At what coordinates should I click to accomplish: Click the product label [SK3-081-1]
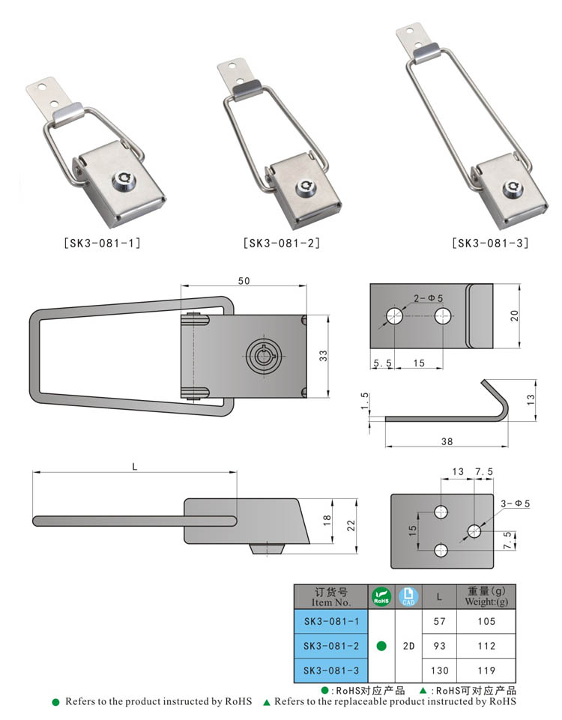[102, 243]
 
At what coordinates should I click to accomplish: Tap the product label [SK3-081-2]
[282, 243]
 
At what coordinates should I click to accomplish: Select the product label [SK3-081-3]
[490, 243]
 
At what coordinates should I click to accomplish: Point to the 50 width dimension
[244, 280]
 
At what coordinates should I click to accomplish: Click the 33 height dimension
[324, 356]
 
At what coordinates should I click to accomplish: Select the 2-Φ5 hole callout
[429, 298]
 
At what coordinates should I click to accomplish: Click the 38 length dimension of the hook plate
[447, 441]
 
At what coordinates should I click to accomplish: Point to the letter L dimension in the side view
[135, 467]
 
